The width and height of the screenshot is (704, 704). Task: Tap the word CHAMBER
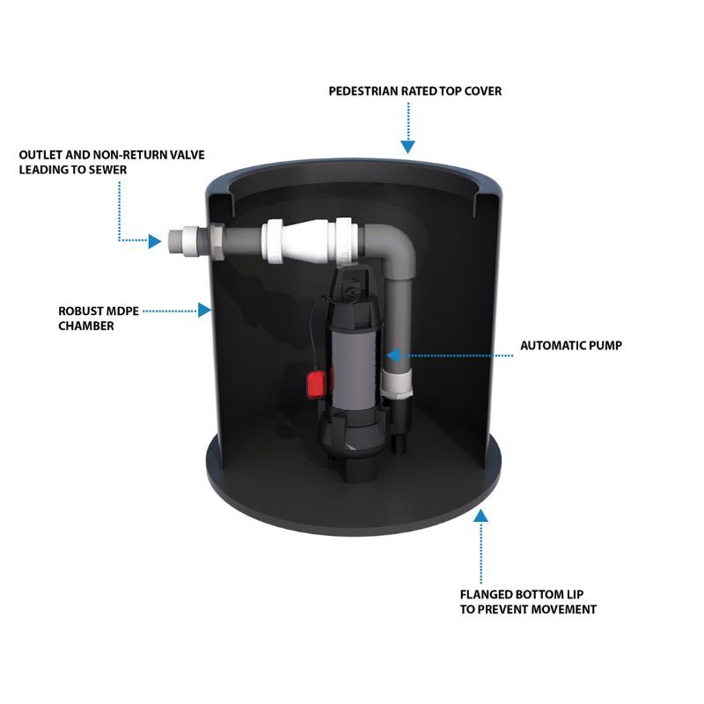86,325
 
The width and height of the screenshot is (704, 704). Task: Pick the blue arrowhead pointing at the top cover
407,148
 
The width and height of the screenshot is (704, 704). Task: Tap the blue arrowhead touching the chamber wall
205,310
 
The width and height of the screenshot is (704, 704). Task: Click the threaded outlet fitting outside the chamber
181,239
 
